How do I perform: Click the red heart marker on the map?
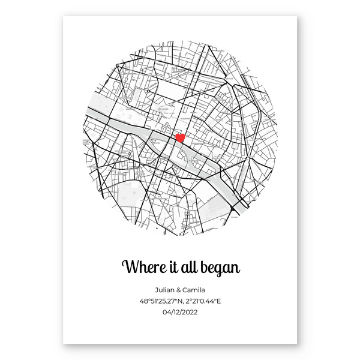click(x=179, y=138)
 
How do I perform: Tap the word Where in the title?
click(x=142, y=266)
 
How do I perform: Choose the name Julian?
click(x=165, y=290)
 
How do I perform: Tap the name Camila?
click(x=196, y=290)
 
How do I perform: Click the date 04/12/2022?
click(x=180, y=311)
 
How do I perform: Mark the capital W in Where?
click(x=128, y=266)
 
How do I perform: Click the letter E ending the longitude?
click(x=220, y=301)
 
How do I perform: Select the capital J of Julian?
click(x=157, y=290)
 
